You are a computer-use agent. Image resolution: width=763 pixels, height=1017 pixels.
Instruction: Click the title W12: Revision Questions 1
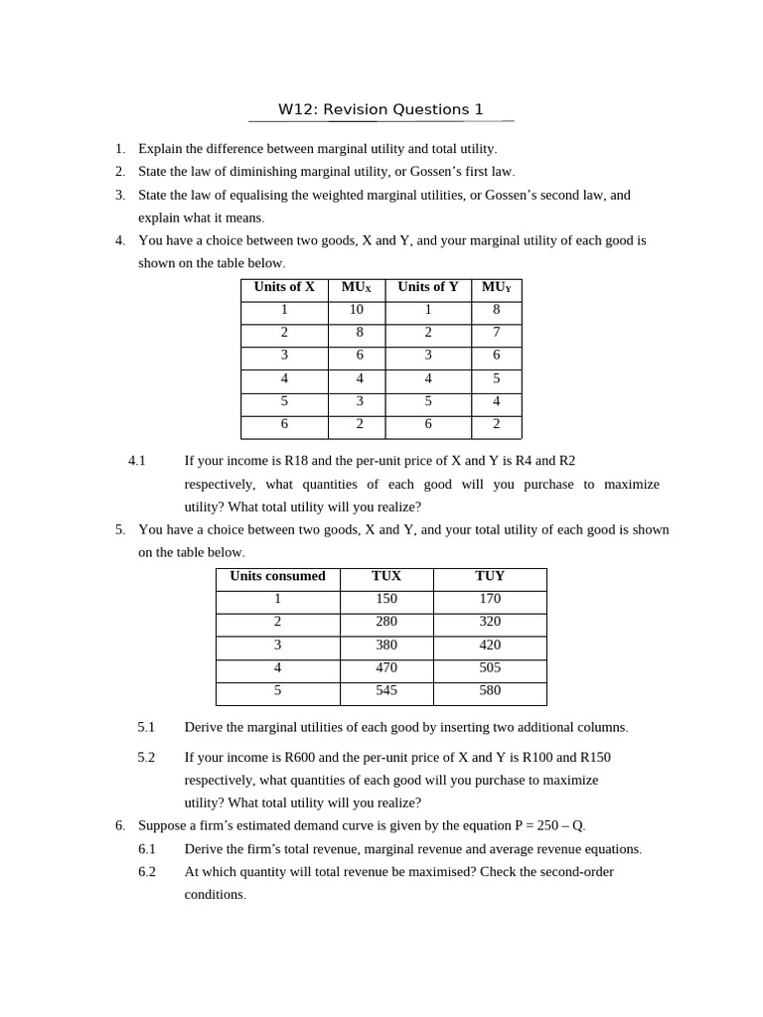coord(381,109)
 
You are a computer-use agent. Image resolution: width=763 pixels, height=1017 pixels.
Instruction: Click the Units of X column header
coord(284,287)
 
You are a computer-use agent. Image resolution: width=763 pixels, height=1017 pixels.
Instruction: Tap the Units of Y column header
coord(428,287)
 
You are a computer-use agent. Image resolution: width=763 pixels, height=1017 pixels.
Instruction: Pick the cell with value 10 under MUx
coord(357,310)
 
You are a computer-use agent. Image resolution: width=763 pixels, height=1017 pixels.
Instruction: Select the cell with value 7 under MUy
coord(497,333)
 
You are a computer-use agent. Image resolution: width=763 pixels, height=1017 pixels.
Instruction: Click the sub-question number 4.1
coord(137,461)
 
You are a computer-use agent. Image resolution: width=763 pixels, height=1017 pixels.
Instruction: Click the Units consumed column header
coord(277,576)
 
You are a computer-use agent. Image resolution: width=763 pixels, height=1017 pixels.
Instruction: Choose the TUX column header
coord(386,576)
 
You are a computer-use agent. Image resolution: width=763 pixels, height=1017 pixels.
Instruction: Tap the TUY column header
coord(490,576)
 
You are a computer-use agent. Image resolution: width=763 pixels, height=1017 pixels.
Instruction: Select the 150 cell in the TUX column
coord(386,599)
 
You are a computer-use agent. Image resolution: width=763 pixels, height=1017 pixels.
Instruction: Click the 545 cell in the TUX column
coord(386,690)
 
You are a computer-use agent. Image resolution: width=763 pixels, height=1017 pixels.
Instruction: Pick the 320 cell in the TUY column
coord(490,622)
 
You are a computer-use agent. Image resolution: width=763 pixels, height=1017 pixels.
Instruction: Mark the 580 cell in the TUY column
coord(490,690)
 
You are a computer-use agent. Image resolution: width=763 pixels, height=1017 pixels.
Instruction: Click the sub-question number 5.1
coord(146,727)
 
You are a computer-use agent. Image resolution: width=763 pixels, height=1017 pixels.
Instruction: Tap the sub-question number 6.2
coord(147,872)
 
